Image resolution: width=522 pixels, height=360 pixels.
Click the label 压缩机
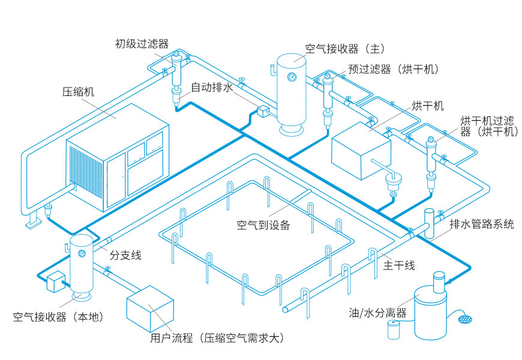pos(78,92)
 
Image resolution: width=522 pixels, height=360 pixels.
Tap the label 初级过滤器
pos(142,43)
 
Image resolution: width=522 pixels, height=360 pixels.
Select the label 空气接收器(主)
pos(344,49)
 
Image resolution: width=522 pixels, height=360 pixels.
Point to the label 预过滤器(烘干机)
pos(394,69)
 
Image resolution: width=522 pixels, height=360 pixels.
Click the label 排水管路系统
pos(481,224)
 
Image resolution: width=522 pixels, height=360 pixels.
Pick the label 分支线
pos(125,255)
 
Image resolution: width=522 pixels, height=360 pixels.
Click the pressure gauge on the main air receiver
pos(292,76)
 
